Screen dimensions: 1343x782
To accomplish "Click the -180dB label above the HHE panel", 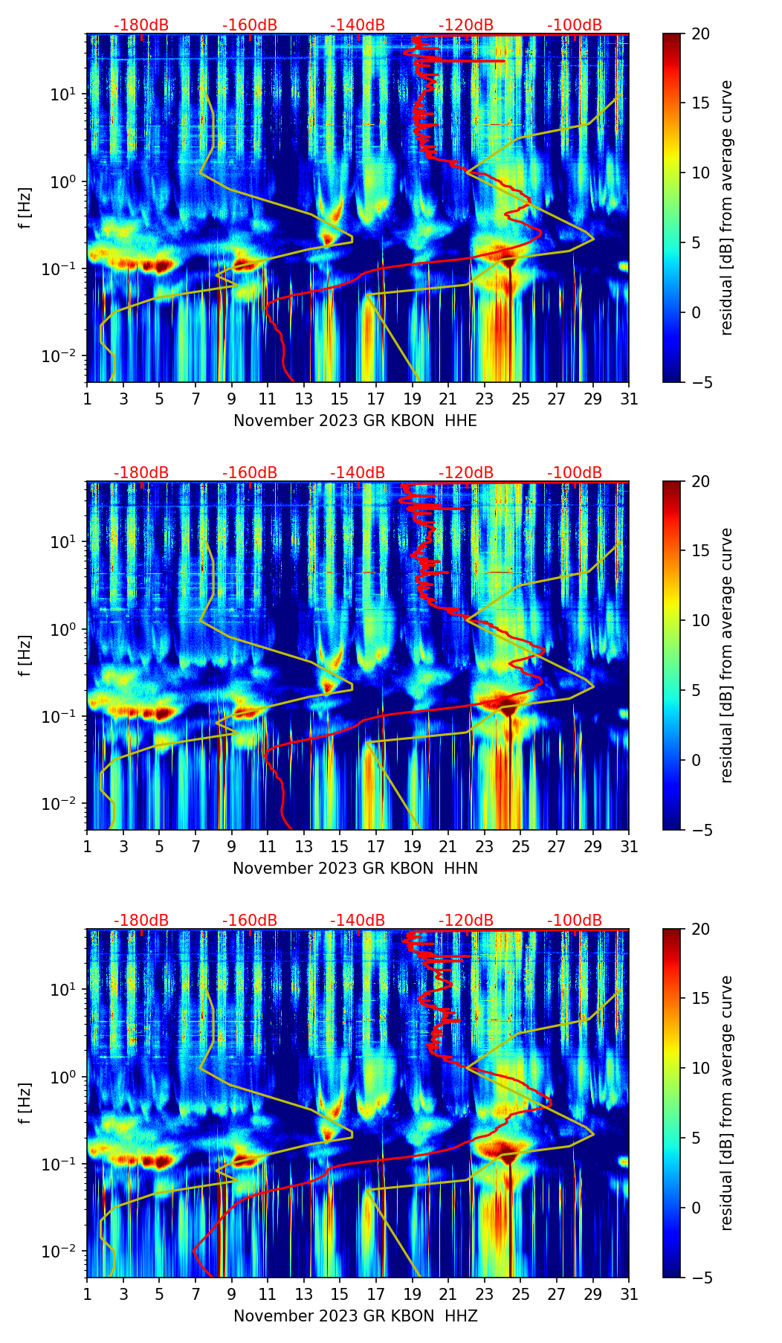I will point(141,25).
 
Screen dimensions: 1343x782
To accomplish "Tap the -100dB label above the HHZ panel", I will point(575,921).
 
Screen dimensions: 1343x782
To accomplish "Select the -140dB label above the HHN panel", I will point(358,473).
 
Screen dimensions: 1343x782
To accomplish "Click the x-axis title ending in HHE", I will point(355,421).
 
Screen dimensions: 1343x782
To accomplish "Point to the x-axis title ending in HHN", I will point(355,869).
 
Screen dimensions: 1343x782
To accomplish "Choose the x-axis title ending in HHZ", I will point(355,1316).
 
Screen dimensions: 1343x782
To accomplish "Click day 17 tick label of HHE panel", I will point(376,399).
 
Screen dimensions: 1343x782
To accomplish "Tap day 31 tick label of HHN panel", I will point(629,847).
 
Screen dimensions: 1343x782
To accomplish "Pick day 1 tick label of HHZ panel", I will point(88,1295).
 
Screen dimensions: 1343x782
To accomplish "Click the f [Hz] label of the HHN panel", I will point(25,655).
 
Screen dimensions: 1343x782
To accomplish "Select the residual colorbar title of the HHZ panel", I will point(726,1103).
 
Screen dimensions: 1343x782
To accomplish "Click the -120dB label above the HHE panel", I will point(466,25).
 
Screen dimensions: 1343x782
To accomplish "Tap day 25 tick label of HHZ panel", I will point(520,1295).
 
